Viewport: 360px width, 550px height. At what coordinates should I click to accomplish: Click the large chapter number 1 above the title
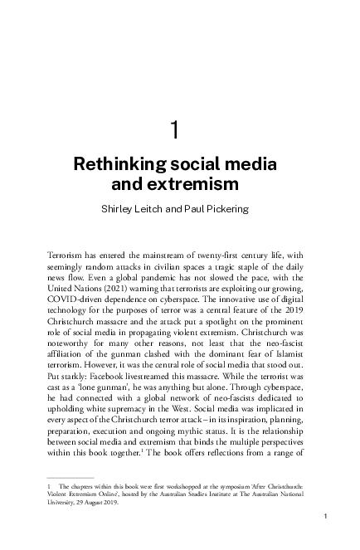coord(174,129)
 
